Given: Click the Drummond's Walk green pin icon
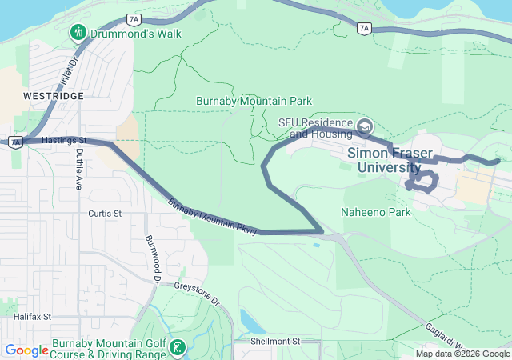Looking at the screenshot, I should (x=78, y=33).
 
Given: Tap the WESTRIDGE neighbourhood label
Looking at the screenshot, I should (x=54, y=95).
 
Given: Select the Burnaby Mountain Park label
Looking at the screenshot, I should (x=254, y=102).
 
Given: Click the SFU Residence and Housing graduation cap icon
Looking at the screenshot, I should (x=365, y=126).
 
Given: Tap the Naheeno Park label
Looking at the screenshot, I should (x=375, y=213).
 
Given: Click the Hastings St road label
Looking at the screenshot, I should (x=66, y=140).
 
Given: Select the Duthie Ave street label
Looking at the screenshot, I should (x=78, y=171).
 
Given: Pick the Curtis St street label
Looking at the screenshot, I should (x=105, y=214).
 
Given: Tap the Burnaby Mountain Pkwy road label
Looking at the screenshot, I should (x=212, y=216).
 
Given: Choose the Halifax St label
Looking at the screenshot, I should (x=32, y=317).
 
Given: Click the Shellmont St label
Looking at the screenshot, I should (x=274, y=341).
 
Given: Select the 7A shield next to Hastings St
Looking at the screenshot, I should (x=14, y=142).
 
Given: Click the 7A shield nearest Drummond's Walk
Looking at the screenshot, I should (x=134, y=18).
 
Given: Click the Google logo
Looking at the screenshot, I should (x=26, y=350).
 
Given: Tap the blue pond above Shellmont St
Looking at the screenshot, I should (x=250, y=322).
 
